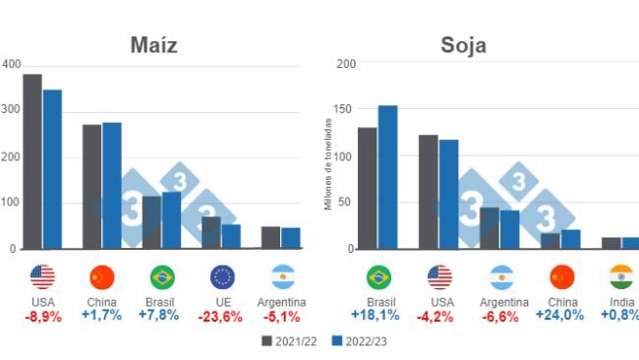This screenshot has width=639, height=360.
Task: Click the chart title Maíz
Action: coord(160,46)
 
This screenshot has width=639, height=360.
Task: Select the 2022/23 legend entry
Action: coord(352,340)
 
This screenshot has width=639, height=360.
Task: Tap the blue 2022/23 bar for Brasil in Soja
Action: coord(387,177)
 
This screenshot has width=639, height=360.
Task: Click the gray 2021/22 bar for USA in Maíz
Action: coord(32,161)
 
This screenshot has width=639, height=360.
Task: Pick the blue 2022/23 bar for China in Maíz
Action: coord(112,185)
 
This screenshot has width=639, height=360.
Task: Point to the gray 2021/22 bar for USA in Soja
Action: coord(428,192)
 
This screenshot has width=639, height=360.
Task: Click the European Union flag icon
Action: coord(223,276)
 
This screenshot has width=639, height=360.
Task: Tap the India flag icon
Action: coord(621,276)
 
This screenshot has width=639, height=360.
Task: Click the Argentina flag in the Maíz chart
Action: coord(283,276)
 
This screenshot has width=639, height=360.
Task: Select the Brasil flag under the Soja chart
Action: coord(378,276)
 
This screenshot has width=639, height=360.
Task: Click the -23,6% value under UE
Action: coord(222,316)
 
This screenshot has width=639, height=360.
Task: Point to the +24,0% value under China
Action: coord(560,315)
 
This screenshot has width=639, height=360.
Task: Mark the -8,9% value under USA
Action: coord(42,316)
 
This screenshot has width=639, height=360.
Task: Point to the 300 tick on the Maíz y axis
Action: coord(10,110)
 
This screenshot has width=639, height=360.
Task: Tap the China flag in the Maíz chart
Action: coord(102,276)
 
